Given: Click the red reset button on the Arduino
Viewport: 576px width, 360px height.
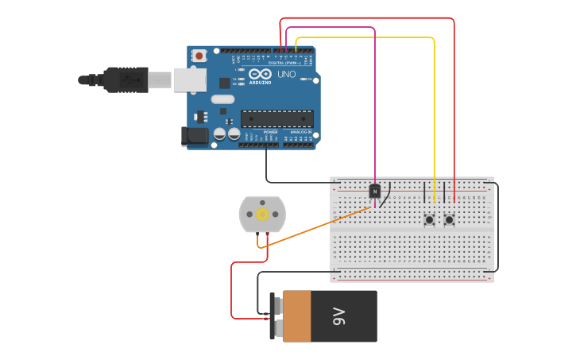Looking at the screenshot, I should tap(199, 56).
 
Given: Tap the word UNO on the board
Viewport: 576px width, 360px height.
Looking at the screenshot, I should tap(286, 75).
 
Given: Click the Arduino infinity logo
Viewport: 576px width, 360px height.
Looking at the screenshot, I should tap(260, 74).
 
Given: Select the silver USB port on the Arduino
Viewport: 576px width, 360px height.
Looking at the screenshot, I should tap(190, 79).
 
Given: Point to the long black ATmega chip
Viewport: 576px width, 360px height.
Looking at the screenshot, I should tap(276, 119).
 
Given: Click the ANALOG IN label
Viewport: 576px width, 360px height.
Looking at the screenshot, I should tap(300, 132).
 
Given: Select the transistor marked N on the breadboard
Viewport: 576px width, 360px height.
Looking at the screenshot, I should tap(374, 191).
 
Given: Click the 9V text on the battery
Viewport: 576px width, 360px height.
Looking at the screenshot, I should tap(339, 316).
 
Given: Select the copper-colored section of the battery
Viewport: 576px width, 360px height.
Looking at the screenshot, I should tap(297, 316).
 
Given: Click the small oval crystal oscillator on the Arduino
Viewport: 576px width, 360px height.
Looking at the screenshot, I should tap(222, 99).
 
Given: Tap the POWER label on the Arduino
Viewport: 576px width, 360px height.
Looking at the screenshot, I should tap(259, 132).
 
